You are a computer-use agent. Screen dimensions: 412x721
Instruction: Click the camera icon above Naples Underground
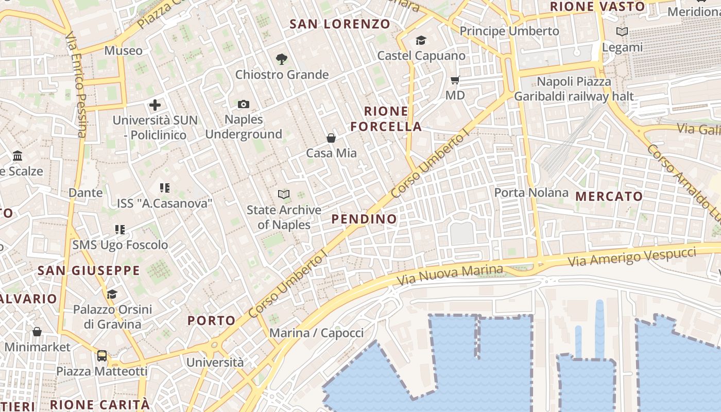[x=244, y=105]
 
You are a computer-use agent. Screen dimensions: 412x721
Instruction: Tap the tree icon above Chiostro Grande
[x=281, y=59]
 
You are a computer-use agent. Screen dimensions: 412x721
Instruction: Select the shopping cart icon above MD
[x=455, y=80]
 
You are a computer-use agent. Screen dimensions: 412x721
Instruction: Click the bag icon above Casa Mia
[x=331, y=138]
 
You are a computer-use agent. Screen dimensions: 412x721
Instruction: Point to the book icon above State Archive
[x=284, y=194]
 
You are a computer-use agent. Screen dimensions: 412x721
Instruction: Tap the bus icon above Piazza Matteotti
[x=102, y=356]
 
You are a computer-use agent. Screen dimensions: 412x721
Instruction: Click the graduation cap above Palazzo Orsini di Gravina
[x=112, y=294]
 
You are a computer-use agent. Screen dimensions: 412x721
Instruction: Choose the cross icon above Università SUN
[x=155, y=105]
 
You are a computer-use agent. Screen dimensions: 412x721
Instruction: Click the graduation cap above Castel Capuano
[x=421, y=40]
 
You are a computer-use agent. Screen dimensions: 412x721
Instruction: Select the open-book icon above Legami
[x=622, y=32]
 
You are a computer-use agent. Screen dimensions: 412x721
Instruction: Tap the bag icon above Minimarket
[x=37, y=332]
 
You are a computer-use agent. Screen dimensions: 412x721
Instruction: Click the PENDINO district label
[x=364, y=219]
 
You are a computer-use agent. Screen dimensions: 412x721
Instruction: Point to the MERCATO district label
[x=609, y=196]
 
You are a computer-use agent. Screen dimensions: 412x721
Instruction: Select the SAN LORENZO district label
[x=340, y=24]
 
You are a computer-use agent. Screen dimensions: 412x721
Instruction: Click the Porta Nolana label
[x=531, y=193]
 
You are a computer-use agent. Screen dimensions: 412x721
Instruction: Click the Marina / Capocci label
[x=316, y=333]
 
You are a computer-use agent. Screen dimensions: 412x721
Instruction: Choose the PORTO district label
[x=211, y=320]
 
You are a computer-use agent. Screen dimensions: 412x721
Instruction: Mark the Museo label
[x=123, y=50]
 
